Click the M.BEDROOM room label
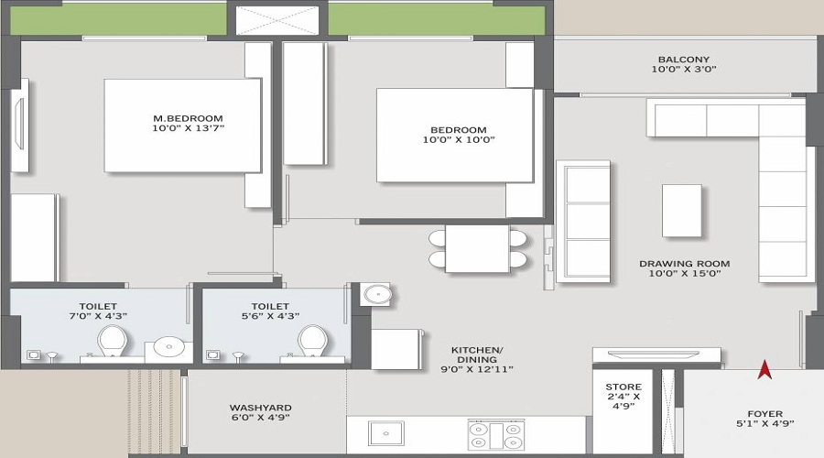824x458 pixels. [x=188, y=118]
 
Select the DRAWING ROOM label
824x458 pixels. [x=684, y=264]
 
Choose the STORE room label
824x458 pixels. [x=623, y=387]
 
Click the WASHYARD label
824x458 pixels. [x=260, y=408]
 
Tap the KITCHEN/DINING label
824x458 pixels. [x=477, y=351]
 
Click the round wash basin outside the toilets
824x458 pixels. [x=375, y=294]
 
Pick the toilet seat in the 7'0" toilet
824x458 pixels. [x=112, y=343]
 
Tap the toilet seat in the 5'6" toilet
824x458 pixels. [x=312, y=343]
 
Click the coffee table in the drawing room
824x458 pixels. [x=682, y=211]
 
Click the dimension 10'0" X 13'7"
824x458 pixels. [x=188, y=130]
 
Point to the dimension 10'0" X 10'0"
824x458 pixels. [x=458, y=141]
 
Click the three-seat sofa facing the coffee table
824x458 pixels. [x=583, y=222]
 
